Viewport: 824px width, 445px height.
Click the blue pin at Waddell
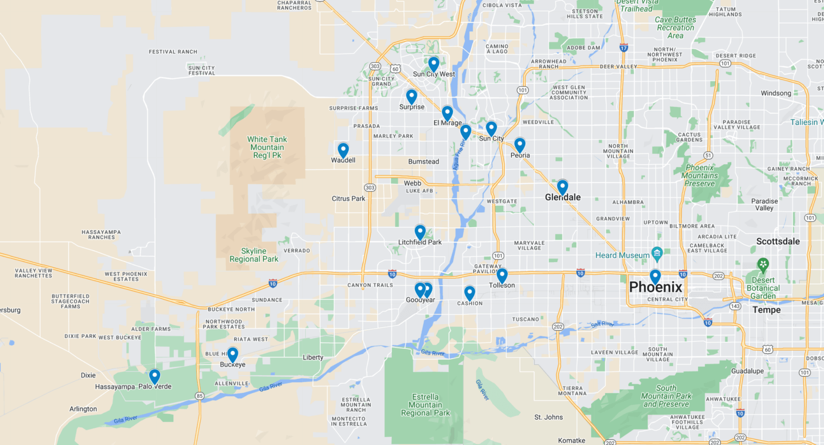(343, 150)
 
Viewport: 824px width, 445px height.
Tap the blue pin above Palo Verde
(154, 376)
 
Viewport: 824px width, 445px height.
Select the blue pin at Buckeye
(232, 354)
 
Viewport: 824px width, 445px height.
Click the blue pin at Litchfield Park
(420, 231)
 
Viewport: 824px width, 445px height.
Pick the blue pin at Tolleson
(502, 275)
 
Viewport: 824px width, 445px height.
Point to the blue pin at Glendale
(562, 187)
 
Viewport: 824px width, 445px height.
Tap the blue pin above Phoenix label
(655, 276)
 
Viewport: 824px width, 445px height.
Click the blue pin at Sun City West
(433, 64)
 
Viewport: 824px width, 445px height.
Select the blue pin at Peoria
(519, 145)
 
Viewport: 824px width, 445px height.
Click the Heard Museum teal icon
(657, 253)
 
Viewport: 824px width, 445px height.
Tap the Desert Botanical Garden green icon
(763, 265)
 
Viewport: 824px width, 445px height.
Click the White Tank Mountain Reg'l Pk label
(267, 147)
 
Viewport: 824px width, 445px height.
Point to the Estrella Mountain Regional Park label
(425, 405)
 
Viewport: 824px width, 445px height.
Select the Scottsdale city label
(777, 242)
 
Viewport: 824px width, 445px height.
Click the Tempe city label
(766, 310)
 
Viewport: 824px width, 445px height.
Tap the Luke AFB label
(419, 191)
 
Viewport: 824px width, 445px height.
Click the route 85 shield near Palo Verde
(200, 396)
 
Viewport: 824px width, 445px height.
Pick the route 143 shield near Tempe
(735, 307)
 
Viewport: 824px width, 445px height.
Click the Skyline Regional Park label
(254, 255)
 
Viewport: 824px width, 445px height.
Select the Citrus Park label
(348, 199)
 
